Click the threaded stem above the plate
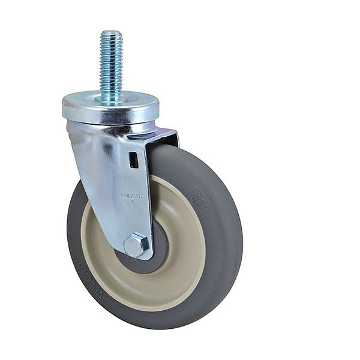click(111, 63)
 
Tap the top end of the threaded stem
click(111, 32)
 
